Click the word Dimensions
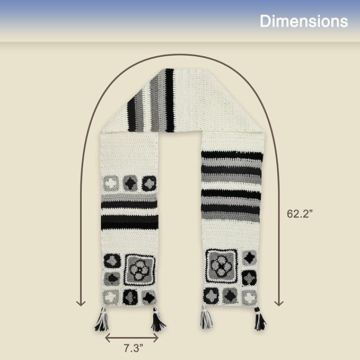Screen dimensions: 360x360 click(303, 21)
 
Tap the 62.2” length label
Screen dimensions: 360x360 click(300, 214)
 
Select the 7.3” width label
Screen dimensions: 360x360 click(133, 348)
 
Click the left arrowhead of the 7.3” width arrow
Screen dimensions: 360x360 click(108, 338)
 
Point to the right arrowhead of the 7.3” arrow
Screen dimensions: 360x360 click(156, 338)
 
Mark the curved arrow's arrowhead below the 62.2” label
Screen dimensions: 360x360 click(279, 303)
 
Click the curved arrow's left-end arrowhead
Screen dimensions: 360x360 click(81, 303)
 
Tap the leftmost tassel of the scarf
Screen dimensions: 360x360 click(102, 319)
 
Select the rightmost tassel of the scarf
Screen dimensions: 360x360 click(260, 319)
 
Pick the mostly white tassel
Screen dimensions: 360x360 click(206, 318)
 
